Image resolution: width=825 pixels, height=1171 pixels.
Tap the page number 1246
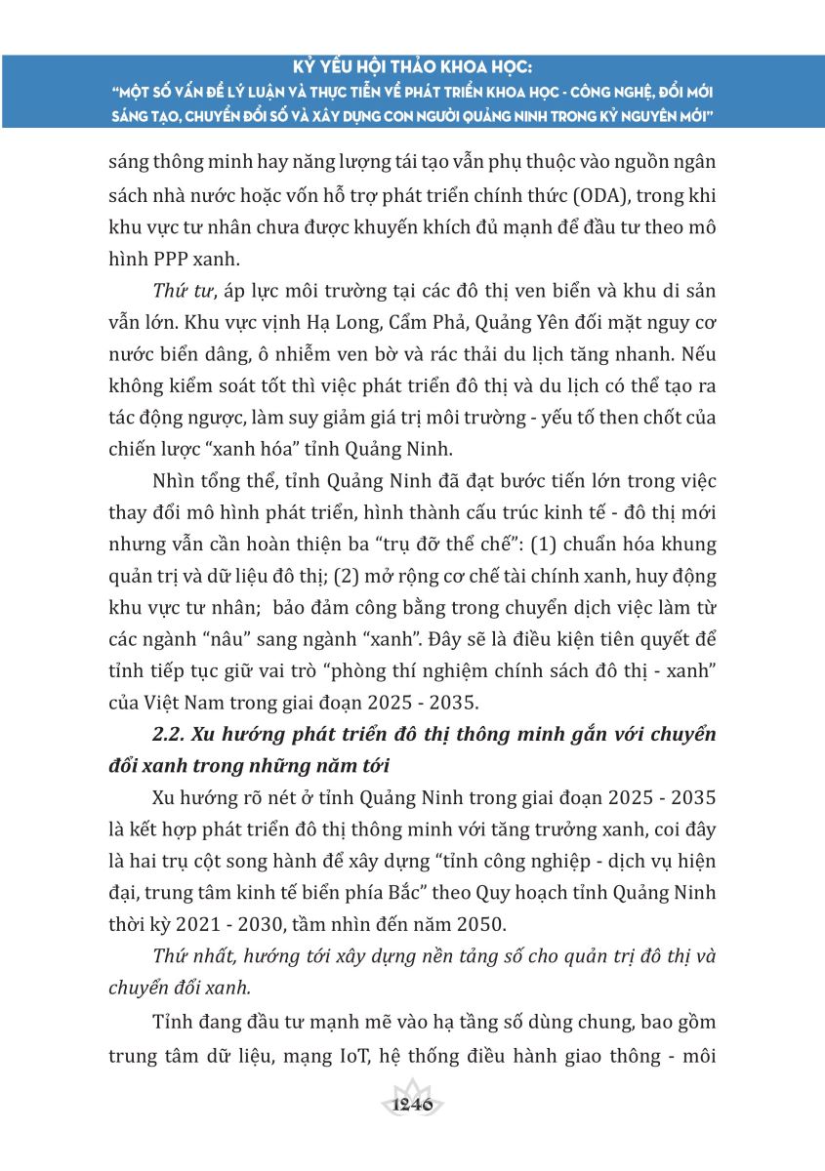[411, 1106]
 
